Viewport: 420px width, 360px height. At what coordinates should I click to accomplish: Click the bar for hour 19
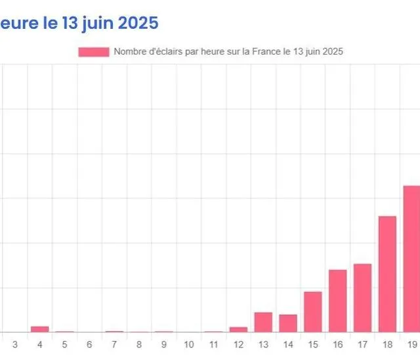point(411,259)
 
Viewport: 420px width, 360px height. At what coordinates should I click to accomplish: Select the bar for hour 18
point(387,274)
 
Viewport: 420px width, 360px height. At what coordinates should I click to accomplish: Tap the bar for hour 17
point(362,298)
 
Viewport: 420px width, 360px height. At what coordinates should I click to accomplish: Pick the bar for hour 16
point(337,301)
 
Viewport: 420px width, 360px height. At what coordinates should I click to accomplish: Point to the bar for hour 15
point(313,311)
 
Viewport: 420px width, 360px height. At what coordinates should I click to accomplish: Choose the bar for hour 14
point(288,323)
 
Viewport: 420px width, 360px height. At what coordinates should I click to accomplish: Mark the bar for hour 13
point(263,322)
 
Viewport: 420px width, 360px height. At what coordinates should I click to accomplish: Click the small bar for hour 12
point(238,329)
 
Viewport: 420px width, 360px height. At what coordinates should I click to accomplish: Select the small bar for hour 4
point(40,328)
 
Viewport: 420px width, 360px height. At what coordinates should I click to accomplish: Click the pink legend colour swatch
point(93,51)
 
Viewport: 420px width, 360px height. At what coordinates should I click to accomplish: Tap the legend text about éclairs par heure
point(228,51)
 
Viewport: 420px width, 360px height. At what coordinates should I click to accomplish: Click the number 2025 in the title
point(137,23)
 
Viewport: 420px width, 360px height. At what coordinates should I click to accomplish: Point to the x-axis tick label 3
point(15,344)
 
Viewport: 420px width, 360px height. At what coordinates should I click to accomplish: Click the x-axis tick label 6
point(89,344)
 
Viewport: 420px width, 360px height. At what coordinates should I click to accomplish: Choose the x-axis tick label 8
point(139,344)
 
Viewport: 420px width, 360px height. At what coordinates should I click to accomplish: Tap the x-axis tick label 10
point(188,344)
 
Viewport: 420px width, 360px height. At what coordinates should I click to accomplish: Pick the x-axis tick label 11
point(213,344)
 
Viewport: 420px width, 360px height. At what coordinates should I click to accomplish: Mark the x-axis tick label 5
point(64,344)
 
